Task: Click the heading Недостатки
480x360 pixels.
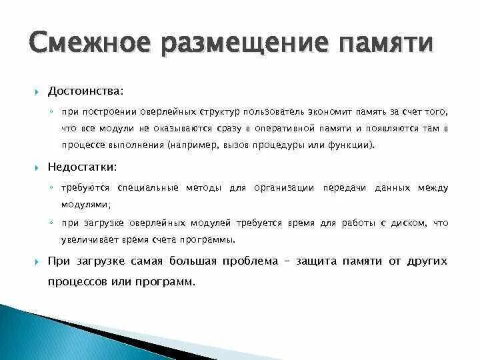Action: tap(82, 166)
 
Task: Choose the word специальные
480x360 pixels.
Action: tap(146, 188)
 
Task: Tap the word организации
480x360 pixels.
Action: tap(283, 188)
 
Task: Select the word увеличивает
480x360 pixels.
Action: tap(87, 239)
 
